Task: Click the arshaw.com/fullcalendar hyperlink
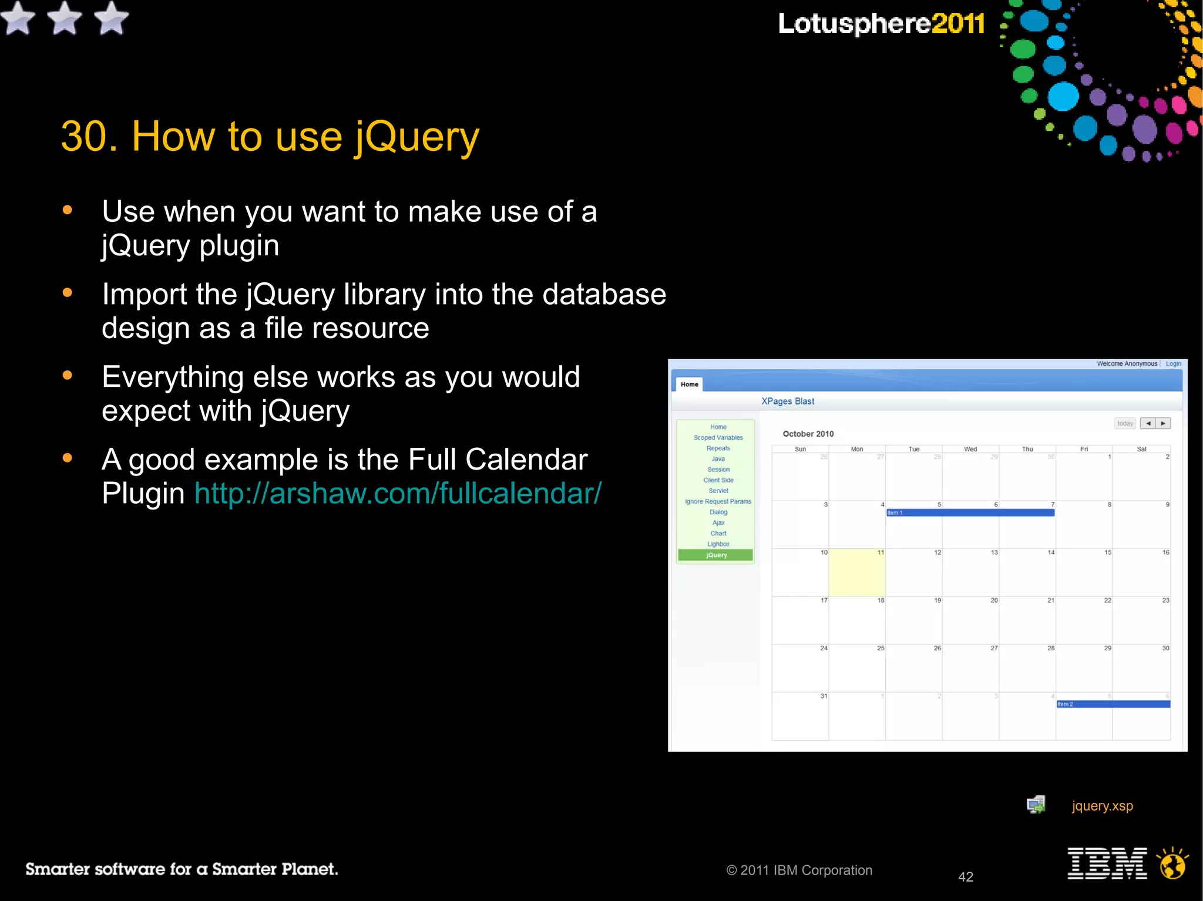tap(398, 493)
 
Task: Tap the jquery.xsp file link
tap(1102, 805)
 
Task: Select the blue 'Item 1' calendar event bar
tap(970, 512)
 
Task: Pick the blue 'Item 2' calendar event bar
tap(1113, 704)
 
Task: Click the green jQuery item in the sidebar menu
tap(715, 555)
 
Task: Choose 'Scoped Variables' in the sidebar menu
tap(718, 437)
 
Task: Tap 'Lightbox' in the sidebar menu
tap(718, 544)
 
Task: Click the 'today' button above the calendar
tap(1125, 423)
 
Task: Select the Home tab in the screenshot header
tap(689, 384)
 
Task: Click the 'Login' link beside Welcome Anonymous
tap(1173, 363)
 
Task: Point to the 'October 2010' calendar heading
tap(808, 434)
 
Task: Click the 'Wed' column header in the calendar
tap(970, 449)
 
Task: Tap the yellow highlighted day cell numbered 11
tap(856, 572)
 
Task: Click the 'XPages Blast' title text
tap(788, 401)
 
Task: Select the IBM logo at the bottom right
tap(1107, 863)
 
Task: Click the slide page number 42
tap(966, 877)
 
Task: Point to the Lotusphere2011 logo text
tap(881, 23)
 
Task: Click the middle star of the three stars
tap(64, 18)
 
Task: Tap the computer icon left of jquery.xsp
tap(1036, 805)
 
